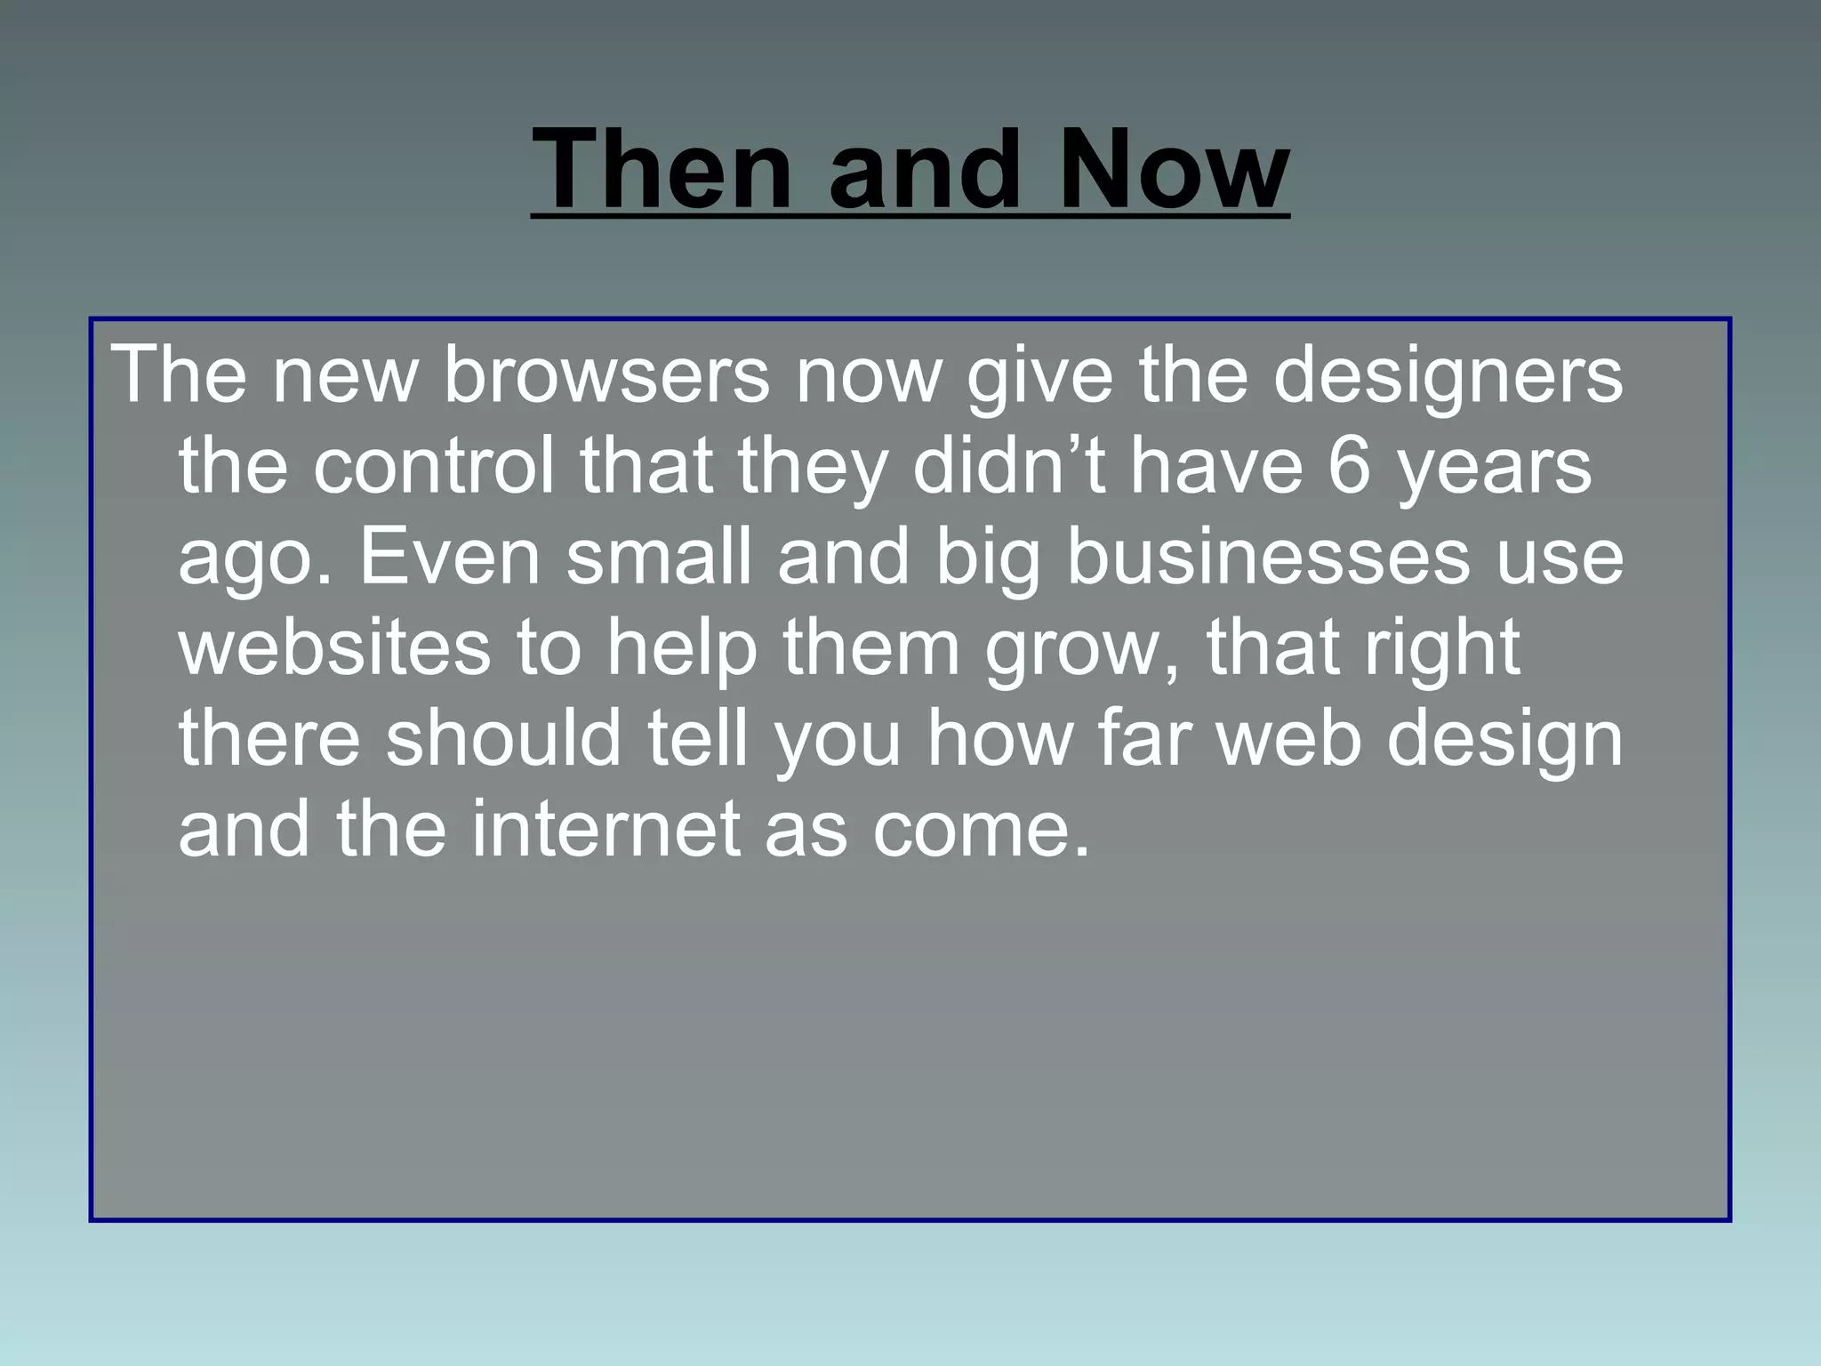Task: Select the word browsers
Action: (606, 375)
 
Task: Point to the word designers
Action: (1448, 375)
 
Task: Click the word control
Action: (434, 466)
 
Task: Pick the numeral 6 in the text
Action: (1350, 466)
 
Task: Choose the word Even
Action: (450, 557)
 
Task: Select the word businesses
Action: (1268, 557)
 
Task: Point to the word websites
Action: (334, 648)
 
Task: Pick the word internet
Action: (606, 829)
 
